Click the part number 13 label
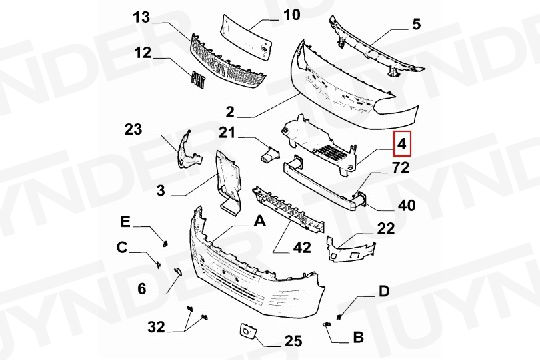point(141,18)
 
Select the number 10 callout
point(291,15)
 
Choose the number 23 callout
point(134,128)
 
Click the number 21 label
point(227,133)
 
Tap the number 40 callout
point(407,207)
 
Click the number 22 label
point(386,229)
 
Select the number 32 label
point(156,326)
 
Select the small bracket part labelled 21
point(268,155)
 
